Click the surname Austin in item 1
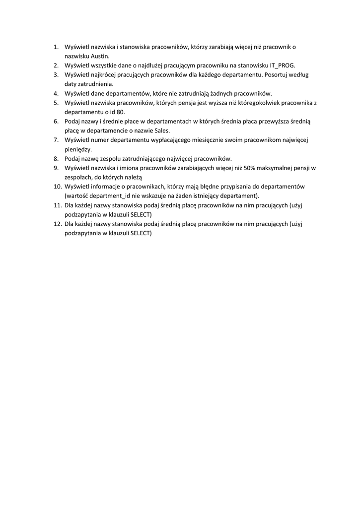pos(94,56)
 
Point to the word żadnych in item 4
pos(221,93)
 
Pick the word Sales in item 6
pos(162,130)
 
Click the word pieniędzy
pos(78,149)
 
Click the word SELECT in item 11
pos(140,214)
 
